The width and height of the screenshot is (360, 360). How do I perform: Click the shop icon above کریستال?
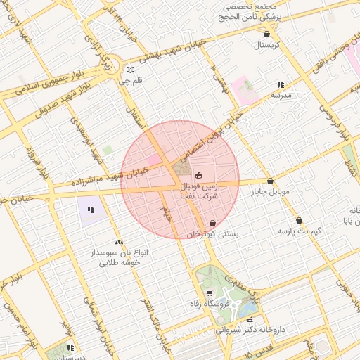266,34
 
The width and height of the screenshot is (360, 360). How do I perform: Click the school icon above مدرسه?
281,84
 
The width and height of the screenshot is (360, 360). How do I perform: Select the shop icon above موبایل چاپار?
270,181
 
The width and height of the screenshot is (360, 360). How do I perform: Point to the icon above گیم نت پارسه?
299,220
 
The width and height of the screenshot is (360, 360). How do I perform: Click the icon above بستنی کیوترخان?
212,223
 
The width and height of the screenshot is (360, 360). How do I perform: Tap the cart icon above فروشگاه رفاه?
210,292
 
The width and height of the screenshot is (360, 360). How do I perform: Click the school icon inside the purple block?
90,209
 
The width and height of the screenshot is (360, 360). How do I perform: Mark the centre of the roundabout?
109,68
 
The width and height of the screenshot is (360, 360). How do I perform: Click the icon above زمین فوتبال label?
199,175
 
